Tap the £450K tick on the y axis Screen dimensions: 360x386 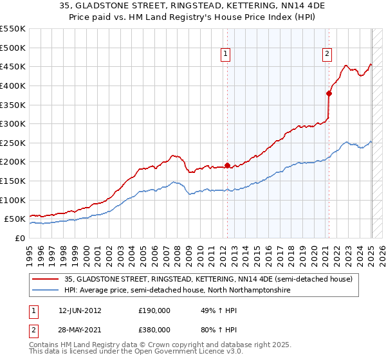click(x=12, y=66)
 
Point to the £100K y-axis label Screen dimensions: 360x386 click(x=12, y=200)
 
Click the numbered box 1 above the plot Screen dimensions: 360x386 click(x=226, y=55)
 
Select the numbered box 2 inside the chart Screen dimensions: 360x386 click(x=327, y=55)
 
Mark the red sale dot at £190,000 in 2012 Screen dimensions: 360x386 click(x=227, y=165)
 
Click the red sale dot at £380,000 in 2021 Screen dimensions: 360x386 click(x=329, y=93)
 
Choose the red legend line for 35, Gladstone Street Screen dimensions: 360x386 click(x=45, y=280)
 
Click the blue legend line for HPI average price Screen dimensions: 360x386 click(x=45, y=291)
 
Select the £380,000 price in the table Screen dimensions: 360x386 click(x=155, y=329)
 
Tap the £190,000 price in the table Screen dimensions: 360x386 click(x=155, y=310)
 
